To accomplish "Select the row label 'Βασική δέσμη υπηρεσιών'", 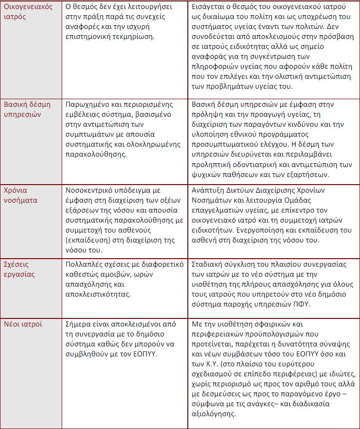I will pos(28,109).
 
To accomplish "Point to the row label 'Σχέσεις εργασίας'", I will pos(20,269).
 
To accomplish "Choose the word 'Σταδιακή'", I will pos(209,264).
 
